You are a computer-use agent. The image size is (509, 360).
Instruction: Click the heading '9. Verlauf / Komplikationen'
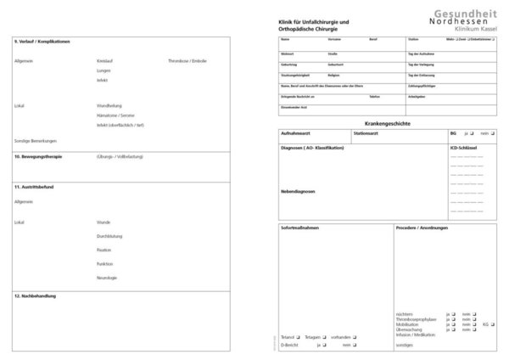pos(42,42)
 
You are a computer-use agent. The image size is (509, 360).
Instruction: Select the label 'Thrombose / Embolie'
pos(187,61)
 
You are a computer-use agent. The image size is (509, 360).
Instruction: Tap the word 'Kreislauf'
pos(107,61)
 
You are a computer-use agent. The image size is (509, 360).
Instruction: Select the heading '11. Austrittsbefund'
pos(35,185)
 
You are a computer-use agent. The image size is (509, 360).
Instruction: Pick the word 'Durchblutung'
pos(112,236)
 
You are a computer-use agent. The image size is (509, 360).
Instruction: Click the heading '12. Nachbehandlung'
pos(35,296)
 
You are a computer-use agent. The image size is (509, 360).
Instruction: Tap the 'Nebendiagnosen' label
pos(298,191)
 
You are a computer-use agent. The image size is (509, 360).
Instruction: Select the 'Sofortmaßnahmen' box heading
pos(298,228)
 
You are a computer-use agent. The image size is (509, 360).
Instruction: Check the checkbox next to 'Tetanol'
pos(298,338)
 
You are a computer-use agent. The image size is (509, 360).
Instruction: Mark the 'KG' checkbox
pos(493,323)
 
